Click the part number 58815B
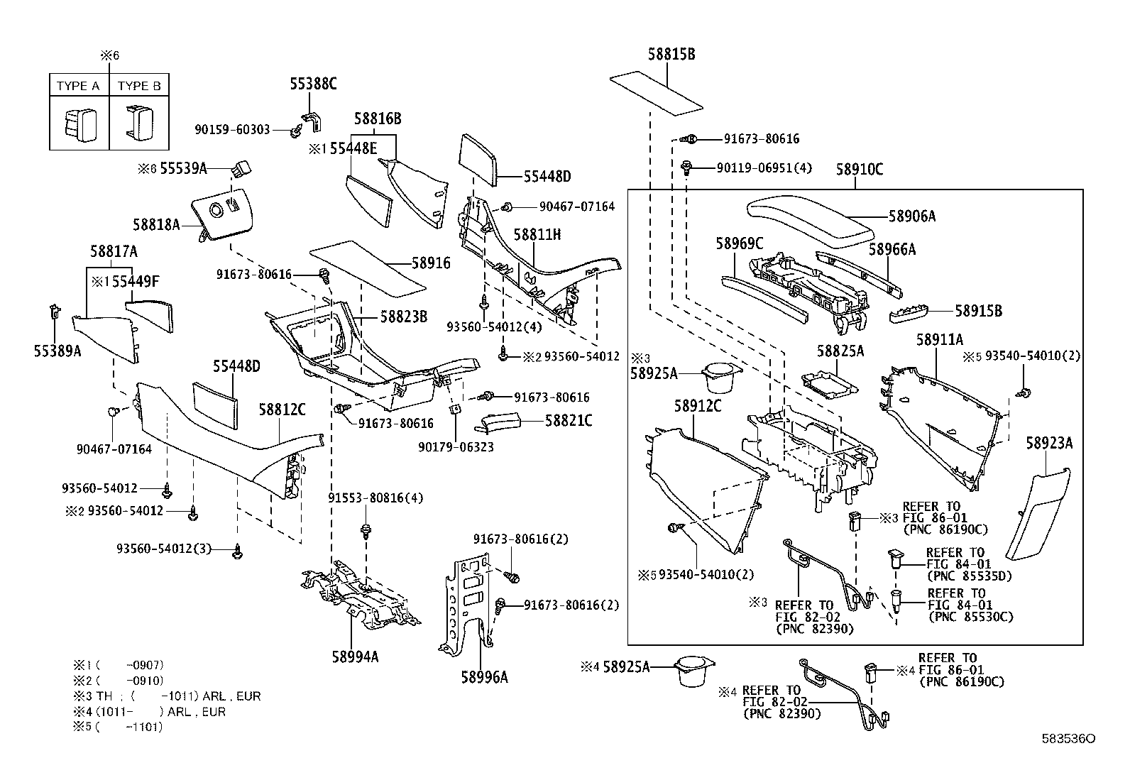point(671,54)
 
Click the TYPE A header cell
point(78,86)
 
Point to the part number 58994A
point(355,657)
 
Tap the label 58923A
point(1048,444)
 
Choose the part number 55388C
point(312,84)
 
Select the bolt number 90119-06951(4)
point(764,167)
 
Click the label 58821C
point(569,420)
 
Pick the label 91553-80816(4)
point(375,498)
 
